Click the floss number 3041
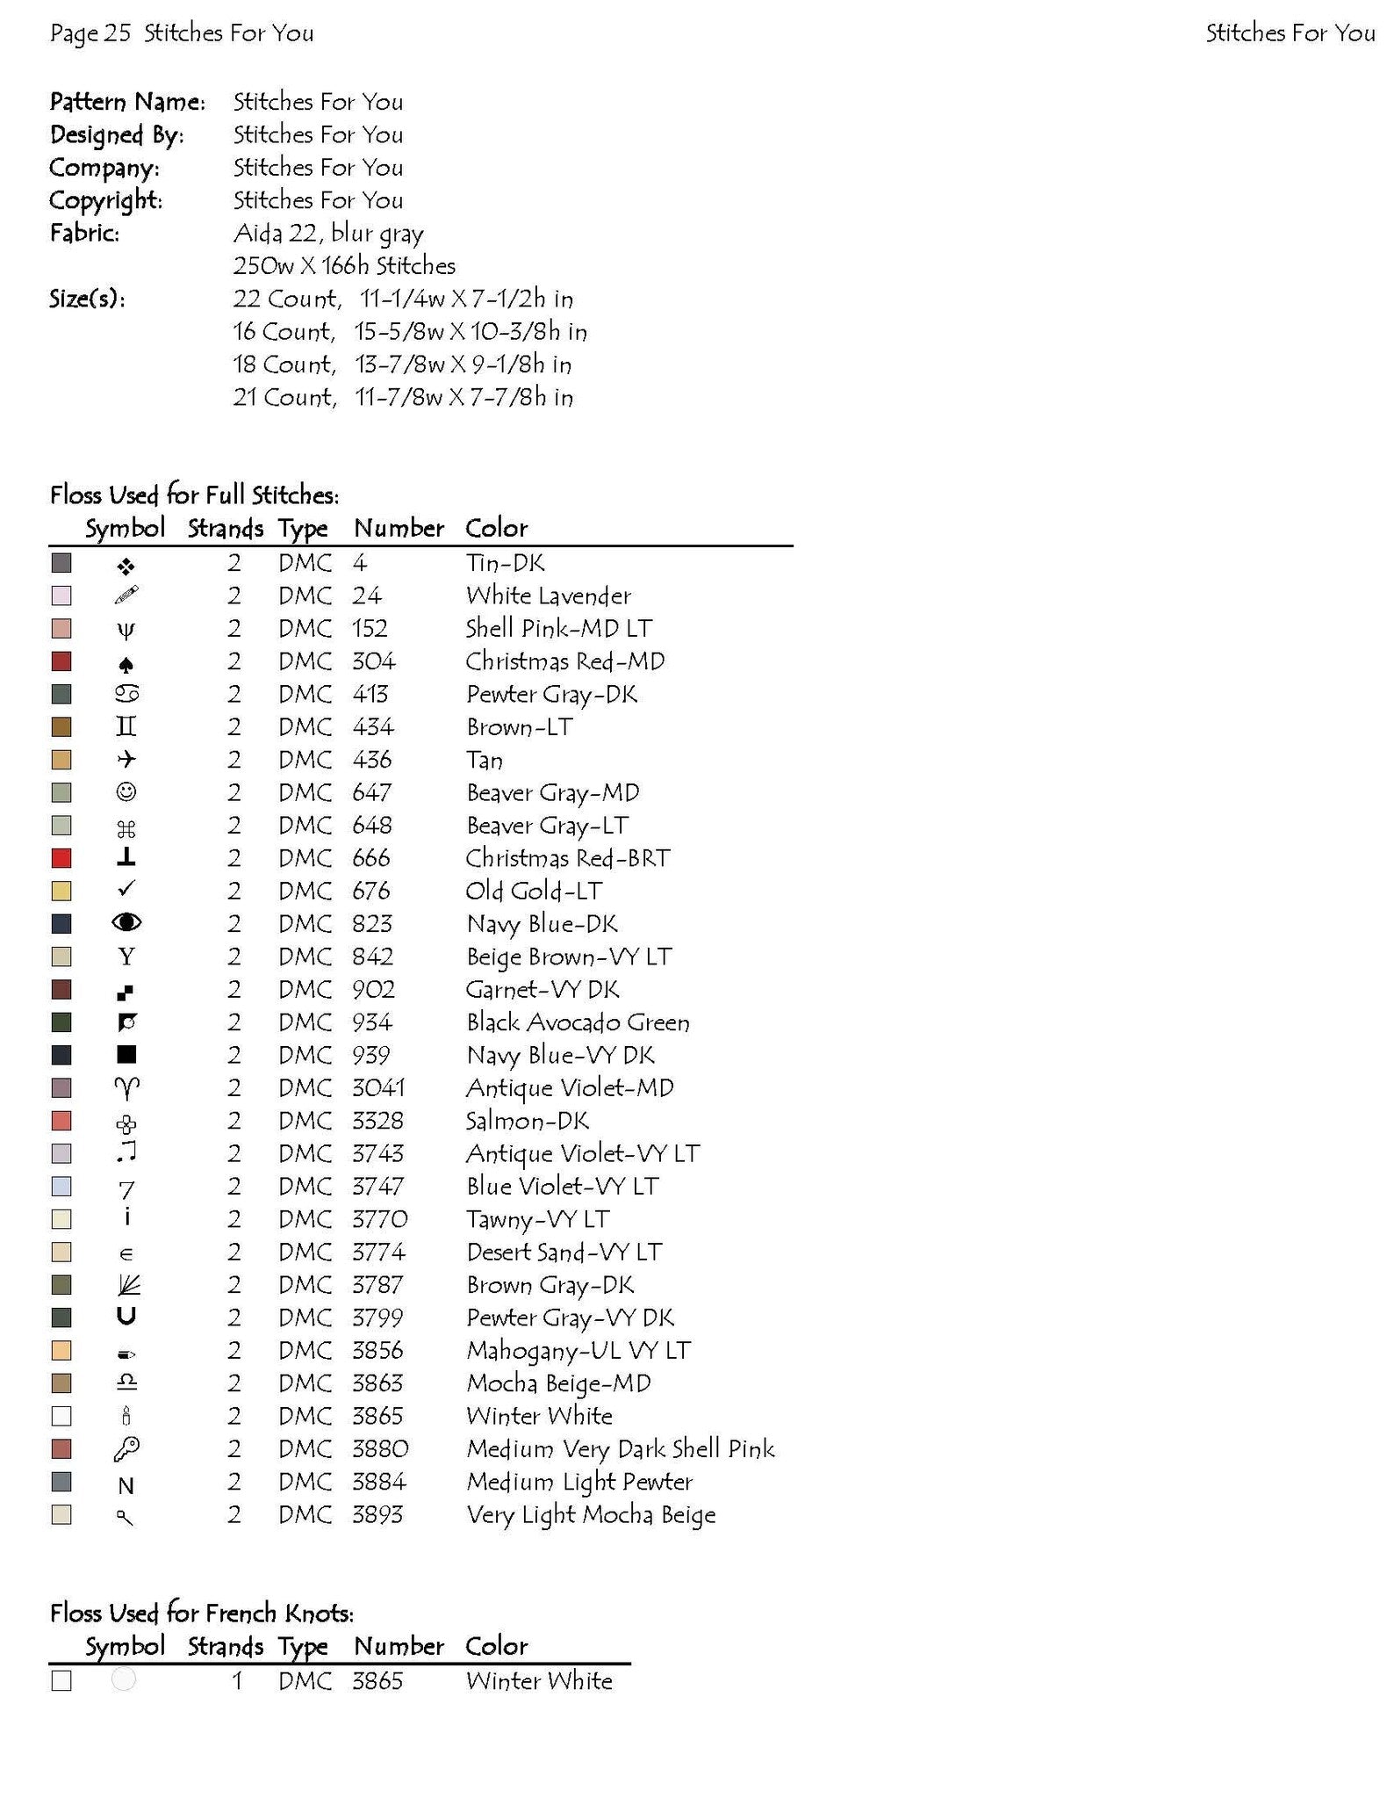coord(378,1088)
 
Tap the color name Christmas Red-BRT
coord(567,858)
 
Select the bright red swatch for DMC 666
coord(61,858)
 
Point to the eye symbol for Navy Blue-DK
coord(126,922)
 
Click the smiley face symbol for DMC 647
coord(126,792)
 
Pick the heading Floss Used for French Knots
coord(202,1614)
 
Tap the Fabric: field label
coord(84,233)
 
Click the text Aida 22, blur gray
coord(328,234)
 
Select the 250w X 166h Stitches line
coord(344,266)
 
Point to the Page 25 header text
coord(90,33)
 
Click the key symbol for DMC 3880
coord(126,1449)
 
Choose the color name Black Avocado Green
coord(578,1022)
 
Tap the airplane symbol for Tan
coord(126,760)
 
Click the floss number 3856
coord(377,1351)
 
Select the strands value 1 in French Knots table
coord(236,1681)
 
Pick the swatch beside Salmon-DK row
coord(61,1121)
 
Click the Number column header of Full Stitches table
coord(399,528)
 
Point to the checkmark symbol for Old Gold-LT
coord(126,890)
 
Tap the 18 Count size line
coord(402,365)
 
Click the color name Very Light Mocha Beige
coord(591,1515)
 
